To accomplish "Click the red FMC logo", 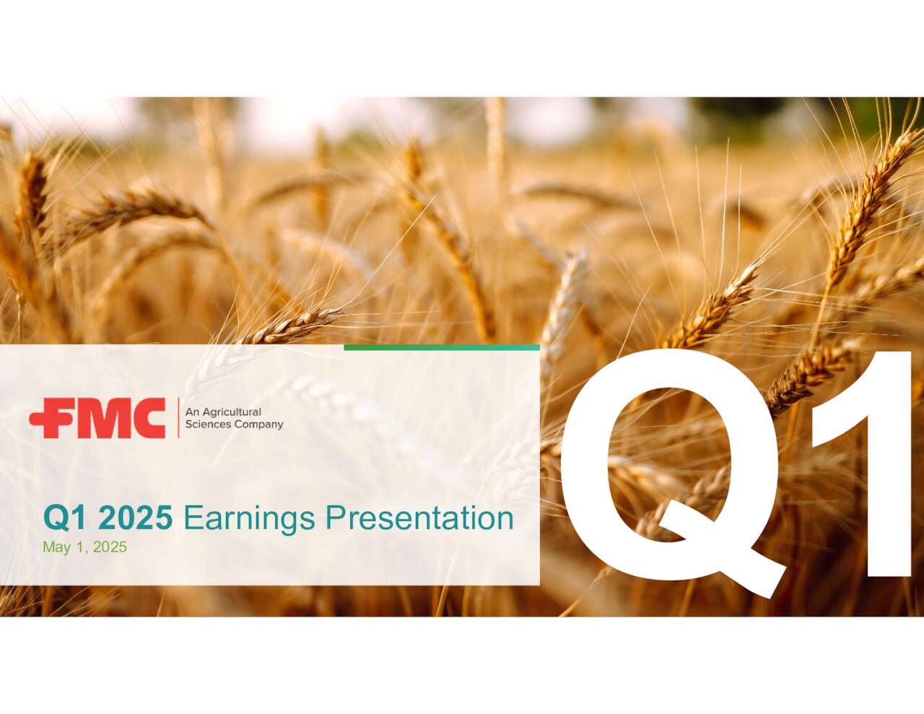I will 97,418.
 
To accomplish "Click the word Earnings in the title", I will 249,519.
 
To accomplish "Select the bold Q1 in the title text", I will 67,518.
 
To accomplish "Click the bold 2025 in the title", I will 135,518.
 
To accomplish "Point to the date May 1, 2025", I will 84,547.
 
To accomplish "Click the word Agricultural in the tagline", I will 230,412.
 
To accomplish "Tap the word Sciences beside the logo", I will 206,425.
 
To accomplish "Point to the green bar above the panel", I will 442,347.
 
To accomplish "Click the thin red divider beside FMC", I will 178,418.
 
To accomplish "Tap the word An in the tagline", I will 192,412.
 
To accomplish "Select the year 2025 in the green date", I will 110,547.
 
